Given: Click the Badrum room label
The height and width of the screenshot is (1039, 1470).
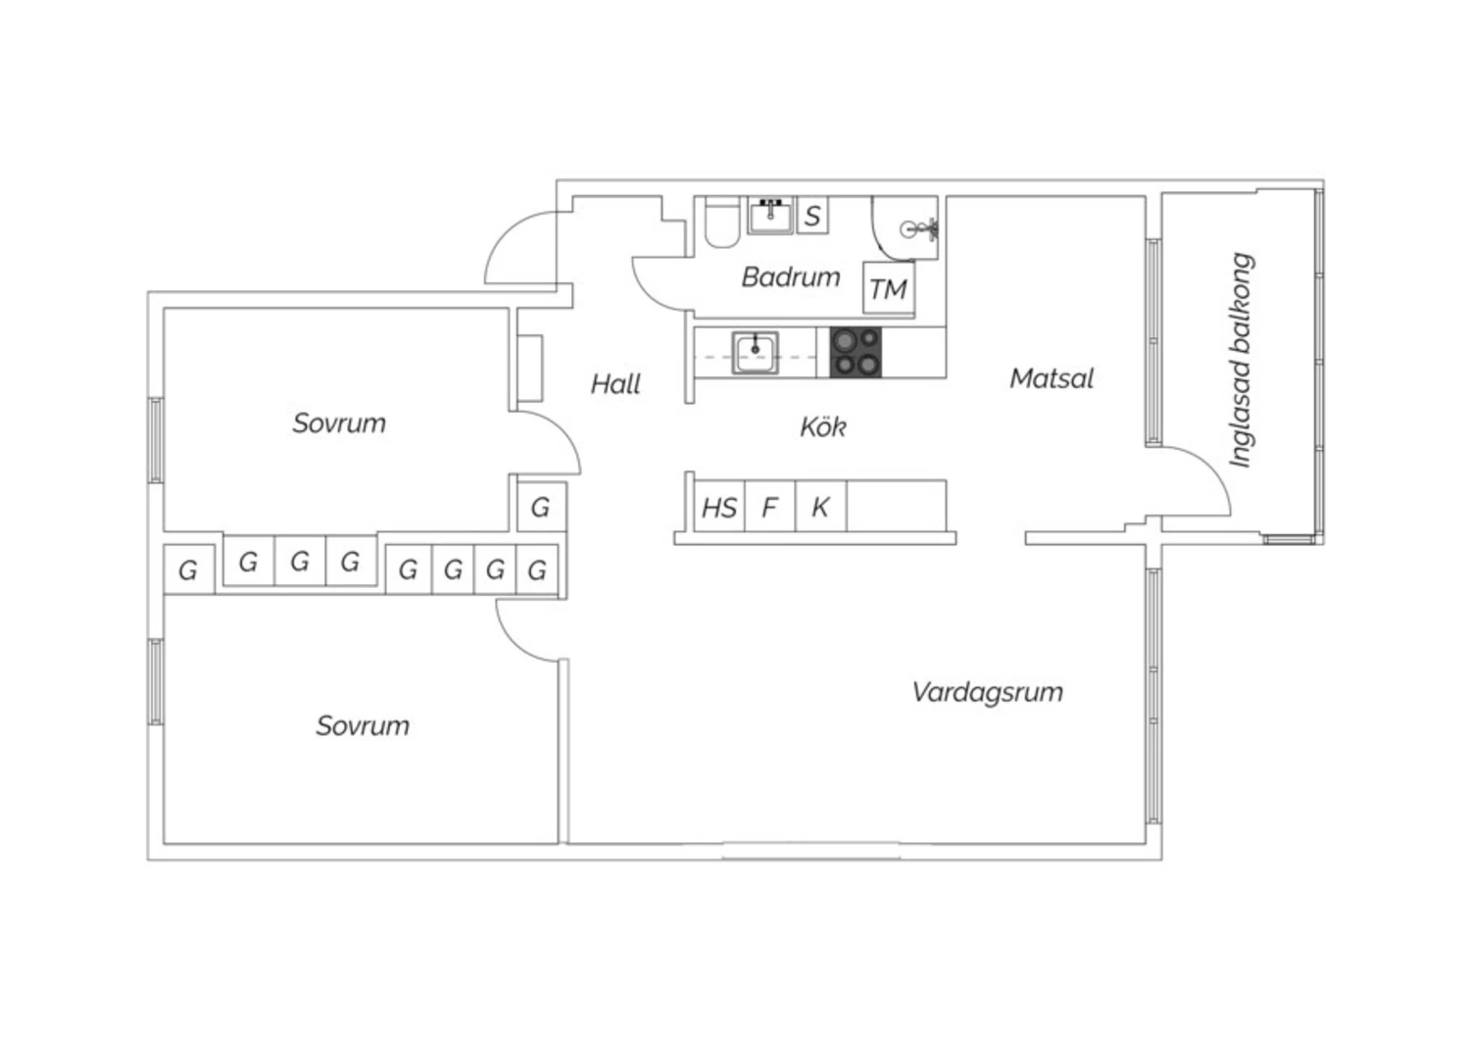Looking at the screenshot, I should pos(790,277).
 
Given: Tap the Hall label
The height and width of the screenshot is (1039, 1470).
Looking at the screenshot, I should pos(615,383).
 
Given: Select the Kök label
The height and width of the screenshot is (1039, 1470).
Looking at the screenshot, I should pos(822,426).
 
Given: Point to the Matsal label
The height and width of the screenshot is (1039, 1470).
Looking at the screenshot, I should pos(1051,378).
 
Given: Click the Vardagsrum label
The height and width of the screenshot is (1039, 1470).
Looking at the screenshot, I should pos(987,692).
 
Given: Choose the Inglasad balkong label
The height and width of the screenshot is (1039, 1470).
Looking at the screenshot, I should pos(1242,361).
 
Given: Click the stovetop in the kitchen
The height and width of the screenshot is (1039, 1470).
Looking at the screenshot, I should pos(856,353).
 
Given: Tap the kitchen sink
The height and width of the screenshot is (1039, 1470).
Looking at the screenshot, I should pos(755,352).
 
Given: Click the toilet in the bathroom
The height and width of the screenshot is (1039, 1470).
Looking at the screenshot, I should pos(721,223).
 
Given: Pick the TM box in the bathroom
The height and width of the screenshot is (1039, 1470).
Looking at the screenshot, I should pos(888,289).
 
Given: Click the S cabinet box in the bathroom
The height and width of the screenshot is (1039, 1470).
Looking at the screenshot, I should pos(811,216).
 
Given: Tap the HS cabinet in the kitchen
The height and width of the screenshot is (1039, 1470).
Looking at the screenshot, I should pos(719,508).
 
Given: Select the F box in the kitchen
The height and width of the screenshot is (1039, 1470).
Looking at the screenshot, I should pos(769,508).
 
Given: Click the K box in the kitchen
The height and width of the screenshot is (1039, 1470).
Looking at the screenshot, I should pos(820,508).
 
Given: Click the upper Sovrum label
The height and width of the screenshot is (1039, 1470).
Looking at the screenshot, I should pos(339,423).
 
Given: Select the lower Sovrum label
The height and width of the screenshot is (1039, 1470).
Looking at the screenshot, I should pos(362,726).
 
